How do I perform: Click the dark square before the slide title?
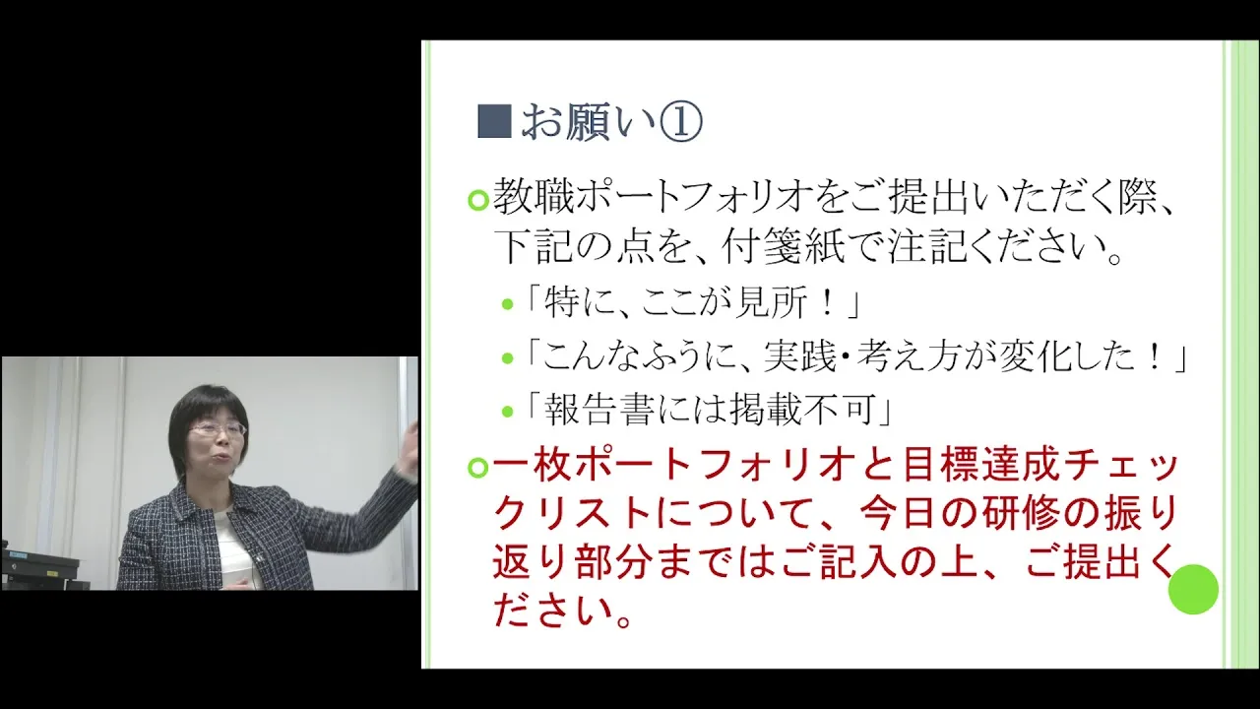click(494, 121)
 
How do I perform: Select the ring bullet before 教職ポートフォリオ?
click(478, 200)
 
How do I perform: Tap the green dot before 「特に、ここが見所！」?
click(507, 304)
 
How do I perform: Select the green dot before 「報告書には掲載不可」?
click(507, 412)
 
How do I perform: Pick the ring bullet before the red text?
click(478, 468)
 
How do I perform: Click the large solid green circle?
click(1193, 589)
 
